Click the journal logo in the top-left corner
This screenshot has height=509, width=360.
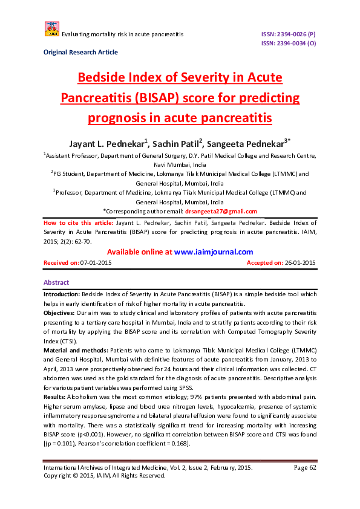(51, 28)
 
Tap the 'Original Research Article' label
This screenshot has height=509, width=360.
(80, 53)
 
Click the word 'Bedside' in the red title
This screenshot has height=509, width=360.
(106, 78)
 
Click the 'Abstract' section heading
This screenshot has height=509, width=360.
(56, 282)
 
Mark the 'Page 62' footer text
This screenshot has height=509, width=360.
(305, 467)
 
